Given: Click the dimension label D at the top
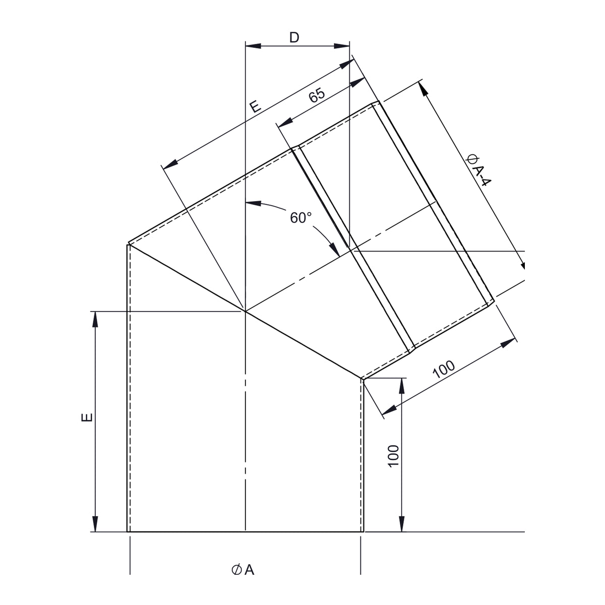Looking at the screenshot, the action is (x=294, y=38).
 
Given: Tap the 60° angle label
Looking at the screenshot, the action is (x=300, y=218).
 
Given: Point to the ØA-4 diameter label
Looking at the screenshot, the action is (x=478, y=170).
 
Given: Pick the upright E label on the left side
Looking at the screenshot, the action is (x=87, y=417).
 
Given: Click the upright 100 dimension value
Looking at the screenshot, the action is (x=393, y=456).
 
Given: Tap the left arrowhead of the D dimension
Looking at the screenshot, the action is (x=253, y=46).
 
